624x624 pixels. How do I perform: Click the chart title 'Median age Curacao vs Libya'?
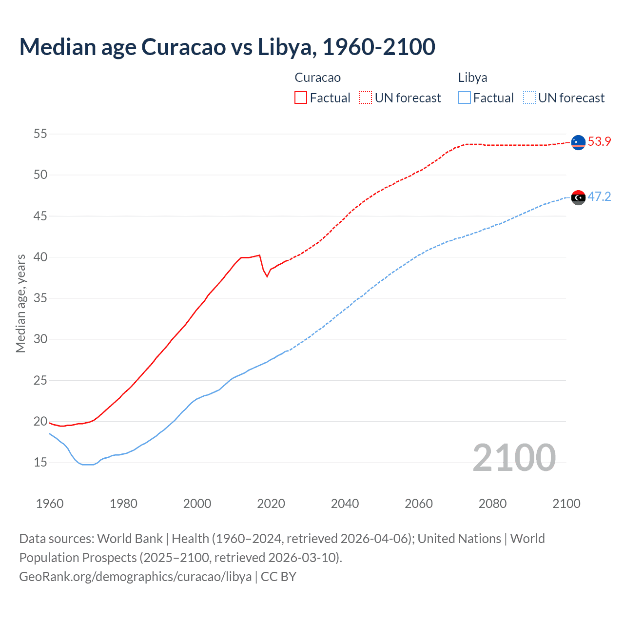click(x=227, y=47)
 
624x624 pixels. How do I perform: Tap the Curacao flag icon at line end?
click(x=578, y=142)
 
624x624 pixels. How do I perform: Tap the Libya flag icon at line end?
click(x=578, y=197)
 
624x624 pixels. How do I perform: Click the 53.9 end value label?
click(x=599, y=142)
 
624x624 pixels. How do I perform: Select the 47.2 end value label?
click(x=599, y=196)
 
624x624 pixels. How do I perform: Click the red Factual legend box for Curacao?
click(x=301, y=98)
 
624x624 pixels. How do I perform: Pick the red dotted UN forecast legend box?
click(x=366, y=98)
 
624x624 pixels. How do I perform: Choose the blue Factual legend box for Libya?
click(x=465, y=98)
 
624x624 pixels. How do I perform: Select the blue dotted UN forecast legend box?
click(x=529, y=98)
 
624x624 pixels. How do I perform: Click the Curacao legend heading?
click(x=317, y=78)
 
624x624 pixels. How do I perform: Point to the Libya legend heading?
click(x=472, y=78)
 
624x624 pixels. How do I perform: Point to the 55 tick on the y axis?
click(x=40, y=134)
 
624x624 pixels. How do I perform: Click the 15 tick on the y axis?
click(x=40, y=462)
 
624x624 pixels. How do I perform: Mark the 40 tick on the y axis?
click(x=40, y=257)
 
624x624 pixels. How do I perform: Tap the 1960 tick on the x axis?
click(x=50, y=504)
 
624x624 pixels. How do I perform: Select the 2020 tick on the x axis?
click(x=271, y=504)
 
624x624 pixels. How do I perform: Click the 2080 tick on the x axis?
click(x=492, y=504)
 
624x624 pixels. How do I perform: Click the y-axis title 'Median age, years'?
click(x=20, y=303)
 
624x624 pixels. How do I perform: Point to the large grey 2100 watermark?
click(x=514, y=457)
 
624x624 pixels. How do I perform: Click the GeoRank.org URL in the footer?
click(x=135, y=577)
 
